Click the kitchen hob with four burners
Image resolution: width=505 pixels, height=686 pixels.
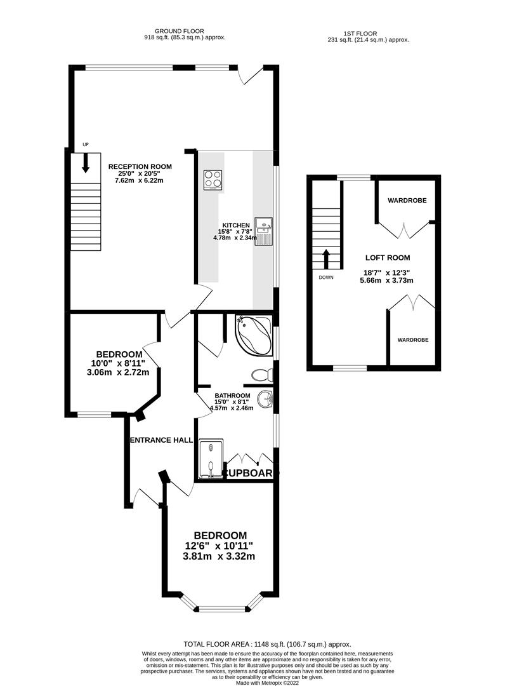pos(213,179)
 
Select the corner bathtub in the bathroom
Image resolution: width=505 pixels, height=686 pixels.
pos(253,335)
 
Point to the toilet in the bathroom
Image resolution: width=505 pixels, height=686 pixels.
pos(263,375)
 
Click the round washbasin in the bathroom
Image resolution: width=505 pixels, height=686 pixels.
pos(265,399)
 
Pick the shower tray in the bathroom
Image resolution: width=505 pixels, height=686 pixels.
pos(211,459)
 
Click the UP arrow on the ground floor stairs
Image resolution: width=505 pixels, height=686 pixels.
pos(86,163)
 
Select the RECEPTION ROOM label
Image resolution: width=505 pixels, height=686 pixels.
pos(140,166)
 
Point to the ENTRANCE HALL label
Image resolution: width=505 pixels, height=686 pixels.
pos(162,440)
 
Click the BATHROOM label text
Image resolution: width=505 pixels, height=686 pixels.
pos(232,396)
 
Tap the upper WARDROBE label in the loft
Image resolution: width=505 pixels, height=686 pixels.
pos(407,200)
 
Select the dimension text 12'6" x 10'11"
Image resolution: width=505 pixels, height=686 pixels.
pos(220,546)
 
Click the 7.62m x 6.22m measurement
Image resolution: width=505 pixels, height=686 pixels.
pos(139,180)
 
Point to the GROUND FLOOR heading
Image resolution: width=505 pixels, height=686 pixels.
pos(179,31)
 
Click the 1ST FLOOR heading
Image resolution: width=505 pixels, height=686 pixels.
pos(360,33)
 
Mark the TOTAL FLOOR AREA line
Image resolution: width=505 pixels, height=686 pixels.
pos(267,644)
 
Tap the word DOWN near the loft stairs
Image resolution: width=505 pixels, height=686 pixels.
pos(326,278)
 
